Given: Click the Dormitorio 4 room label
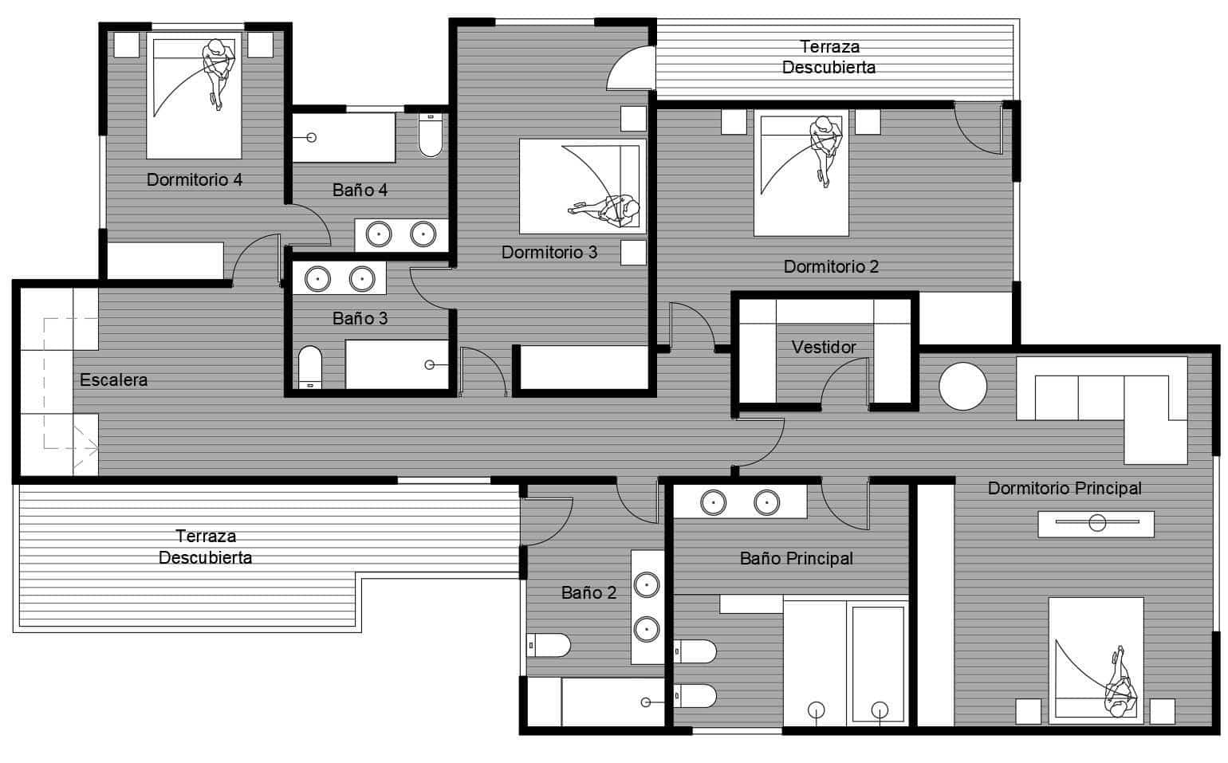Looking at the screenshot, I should [x=194, y=179].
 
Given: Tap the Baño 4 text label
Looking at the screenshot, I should [x=360, y=190].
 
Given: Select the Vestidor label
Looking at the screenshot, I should [x=824, y=347].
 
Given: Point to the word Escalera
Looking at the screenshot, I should [x=113, y=380].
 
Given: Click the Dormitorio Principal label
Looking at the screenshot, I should [x=1064, y=488].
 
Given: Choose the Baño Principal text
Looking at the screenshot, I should [x=796, y=558].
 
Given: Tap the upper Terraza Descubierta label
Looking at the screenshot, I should [x=829, y=57].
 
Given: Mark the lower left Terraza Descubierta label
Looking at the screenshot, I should [x=205, y=546].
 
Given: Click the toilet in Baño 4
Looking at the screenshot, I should [x=431, y=136].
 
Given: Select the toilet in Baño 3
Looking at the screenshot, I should [x=309, y=367].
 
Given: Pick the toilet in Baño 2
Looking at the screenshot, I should [x=549, y=644].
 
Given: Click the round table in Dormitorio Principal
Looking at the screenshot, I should [x=962, y=387].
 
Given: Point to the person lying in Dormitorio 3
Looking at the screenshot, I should [x=610, y=209].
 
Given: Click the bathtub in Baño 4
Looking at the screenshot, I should [x=344, y=137].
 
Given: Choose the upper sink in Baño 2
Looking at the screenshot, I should [x=646, y=585].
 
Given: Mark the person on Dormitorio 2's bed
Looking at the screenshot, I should [x=824, y=147].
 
